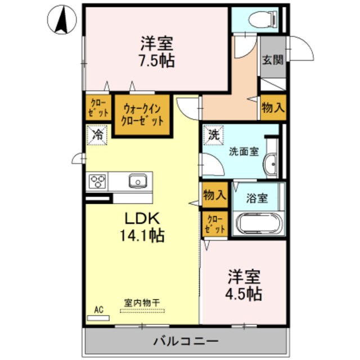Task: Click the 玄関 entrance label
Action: (x=272, y=60)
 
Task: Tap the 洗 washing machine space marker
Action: (x=214, y=136)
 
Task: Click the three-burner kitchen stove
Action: (x=98, y=182)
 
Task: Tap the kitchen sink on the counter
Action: (x=137, y=181)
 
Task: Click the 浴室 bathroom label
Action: (x=257, y=197)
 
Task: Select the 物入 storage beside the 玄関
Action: (x=273, y=107)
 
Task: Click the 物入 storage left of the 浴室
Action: (x=214, y=195)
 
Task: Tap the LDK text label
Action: (x=143, y=218)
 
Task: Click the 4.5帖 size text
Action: (x=244, y=293)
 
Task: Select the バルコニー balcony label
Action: (x=186, y=341)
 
